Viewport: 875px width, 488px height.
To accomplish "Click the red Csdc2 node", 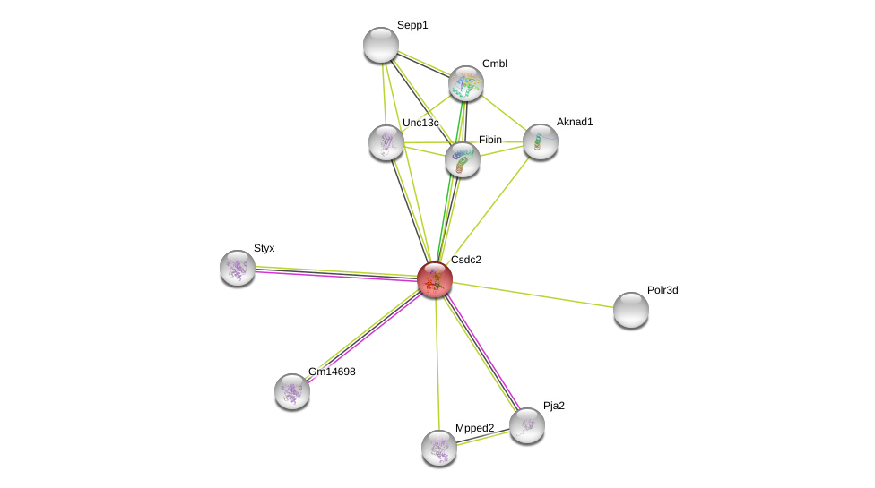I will pyautogui.click(x=435, y=278).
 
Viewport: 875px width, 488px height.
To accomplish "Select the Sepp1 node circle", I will pyautogui.click(x=381, y=45).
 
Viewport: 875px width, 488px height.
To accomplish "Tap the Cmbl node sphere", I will pyautogui.click(x=466, y=83).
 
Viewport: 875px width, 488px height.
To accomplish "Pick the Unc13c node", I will pyautogui.click(x=386, y=142).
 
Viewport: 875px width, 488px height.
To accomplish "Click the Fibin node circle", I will pyautogui.click(x=463, y=159).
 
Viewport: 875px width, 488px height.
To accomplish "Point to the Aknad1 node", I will pyautogui.click(x=541, y=141).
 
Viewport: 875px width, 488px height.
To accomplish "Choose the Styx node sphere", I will pyautogui.click(x=238, y=268).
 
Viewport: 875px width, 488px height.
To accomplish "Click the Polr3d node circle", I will pyautogui.click(x=631, y=310).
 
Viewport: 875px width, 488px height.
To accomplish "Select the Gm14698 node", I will pyautogui.click(x=292, y=391).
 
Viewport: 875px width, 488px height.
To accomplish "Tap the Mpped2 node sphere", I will pyautogui.click(x=439, y=448).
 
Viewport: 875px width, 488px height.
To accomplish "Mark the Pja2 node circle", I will pyautogui.click(x=527, y=425).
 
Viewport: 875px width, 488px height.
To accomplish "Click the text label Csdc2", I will pyautogui.click(x=466, y=260).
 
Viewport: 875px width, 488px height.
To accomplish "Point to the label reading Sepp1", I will pyautogui.click(x=412, y=25).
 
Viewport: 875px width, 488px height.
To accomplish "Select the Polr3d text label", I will pyautogui.click(x=663, y=290).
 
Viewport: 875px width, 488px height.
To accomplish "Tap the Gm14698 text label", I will pyautogui.click(x=332, y=372).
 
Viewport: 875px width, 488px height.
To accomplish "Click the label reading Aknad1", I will pyautogui.click(x=575, y=122).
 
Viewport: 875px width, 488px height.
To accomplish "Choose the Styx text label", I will pyautogui.click(x=264, y=248).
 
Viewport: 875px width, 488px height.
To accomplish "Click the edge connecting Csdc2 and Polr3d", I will pyautogui.click(x=533, y=295).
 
